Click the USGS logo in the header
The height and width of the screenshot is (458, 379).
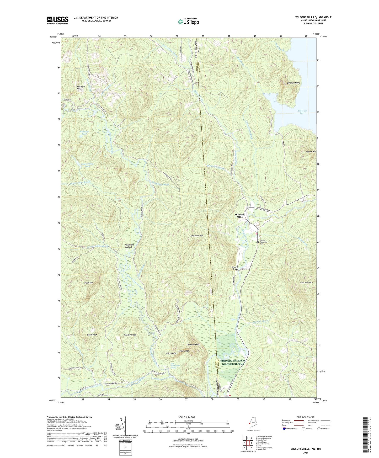click(x=58, y=20)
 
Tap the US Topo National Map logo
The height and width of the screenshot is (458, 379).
click(x=188, y=22)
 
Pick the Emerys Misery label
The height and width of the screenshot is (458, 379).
click(x=293, y=83)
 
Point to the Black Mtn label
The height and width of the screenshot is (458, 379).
click(x=89, y=283)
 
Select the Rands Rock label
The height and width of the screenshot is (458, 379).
click(x=92, y=335)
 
